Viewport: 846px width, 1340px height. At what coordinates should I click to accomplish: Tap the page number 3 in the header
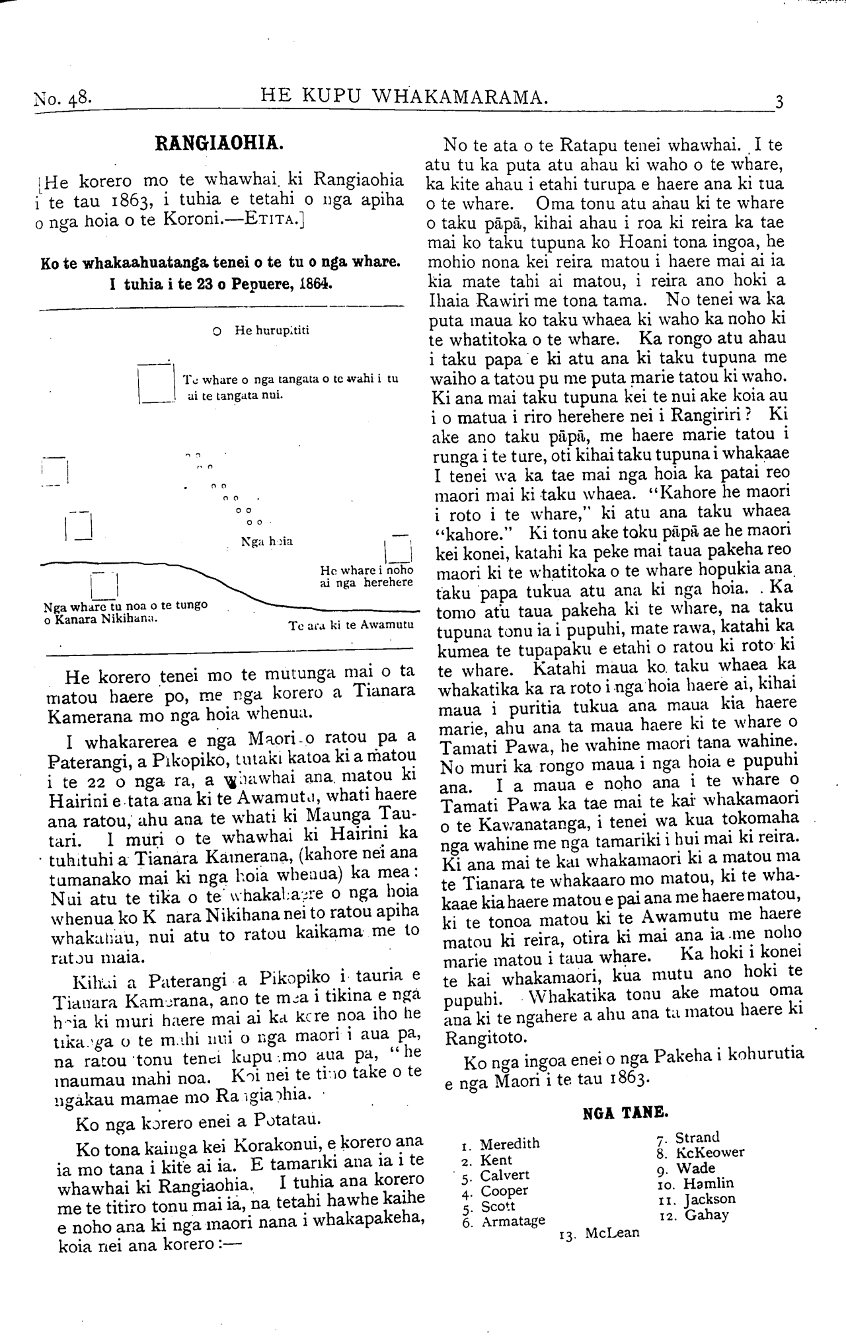click(779, 102)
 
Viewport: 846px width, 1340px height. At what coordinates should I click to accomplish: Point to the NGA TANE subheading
click(625, 1112)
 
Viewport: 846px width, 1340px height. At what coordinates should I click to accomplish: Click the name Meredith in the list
click(509, 1144)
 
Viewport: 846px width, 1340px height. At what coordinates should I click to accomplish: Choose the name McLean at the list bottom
click(612, 1233)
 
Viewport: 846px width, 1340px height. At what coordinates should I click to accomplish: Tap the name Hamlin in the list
click(708, 1183)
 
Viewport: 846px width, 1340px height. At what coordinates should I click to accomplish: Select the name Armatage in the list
click(513, 1221)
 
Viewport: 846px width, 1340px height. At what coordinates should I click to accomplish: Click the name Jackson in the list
click(709, 1199)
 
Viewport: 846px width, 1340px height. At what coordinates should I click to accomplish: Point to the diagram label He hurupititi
click(272, 330)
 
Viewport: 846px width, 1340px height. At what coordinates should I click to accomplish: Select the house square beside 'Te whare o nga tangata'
click(155, 383)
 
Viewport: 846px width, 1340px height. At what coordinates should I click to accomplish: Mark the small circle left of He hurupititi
click(217, 331)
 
